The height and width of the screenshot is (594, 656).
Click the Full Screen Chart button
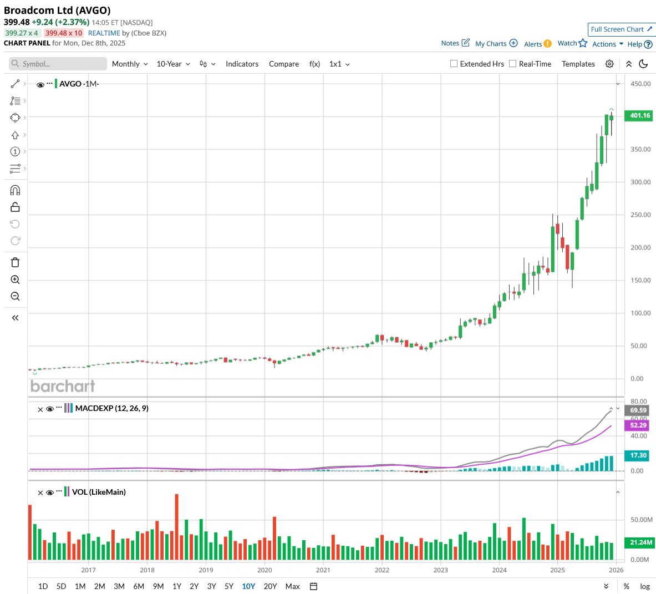point(621,29)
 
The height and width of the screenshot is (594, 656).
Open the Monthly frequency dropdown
point(130,64)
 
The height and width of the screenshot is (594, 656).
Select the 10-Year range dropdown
point(173,64)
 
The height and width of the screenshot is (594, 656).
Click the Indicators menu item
point(242,64)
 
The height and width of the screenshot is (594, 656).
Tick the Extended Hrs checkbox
point(454,64)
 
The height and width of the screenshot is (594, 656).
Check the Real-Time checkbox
point(513,64)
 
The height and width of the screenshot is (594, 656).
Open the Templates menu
point(578,64)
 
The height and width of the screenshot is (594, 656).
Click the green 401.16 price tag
point(639,115)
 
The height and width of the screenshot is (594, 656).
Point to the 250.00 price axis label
point(640,215)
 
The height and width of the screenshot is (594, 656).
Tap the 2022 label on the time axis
point(382,570)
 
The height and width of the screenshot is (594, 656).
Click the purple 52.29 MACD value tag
point(638,425)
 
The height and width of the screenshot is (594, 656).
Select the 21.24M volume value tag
point(641,542)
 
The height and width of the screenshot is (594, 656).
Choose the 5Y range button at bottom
point(229,586)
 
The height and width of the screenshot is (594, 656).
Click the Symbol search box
point(58,64)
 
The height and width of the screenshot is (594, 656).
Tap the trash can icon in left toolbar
point(15,262)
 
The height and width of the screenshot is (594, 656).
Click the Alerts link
point(533,44)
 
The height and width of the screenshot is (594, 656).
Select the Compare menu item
point(284,64)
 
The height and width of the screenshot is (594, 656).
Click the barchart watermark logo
point(63,386)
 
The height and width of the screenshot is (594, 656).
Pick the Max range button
point(292,586)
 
